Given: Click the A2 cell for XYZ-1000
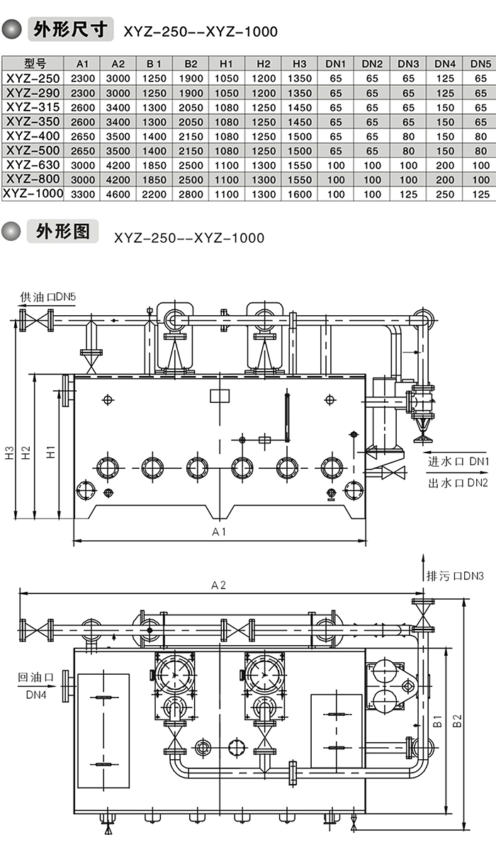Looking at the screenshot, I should click(x=118, y=193).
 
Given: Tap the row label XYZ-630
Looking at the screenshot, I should click(x=34, y=164).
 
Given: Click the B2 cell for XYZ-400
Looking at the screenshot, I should click(x=191, y=136).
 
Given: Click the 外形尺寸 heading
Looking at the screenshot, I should click(x=71, y=30).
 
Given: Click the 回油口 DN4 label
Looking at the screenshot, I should click(x=35, y=686).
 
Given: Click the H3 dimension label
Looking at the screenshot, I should click(x=9, y=453).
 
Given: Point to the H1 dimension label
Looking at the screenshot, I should click(x=51, y=452).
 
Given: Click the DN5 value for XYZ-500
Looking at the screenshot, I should click(x=480, y=150).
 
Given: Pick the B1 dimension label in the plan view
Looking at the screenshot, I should click(x=438, y=722).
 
